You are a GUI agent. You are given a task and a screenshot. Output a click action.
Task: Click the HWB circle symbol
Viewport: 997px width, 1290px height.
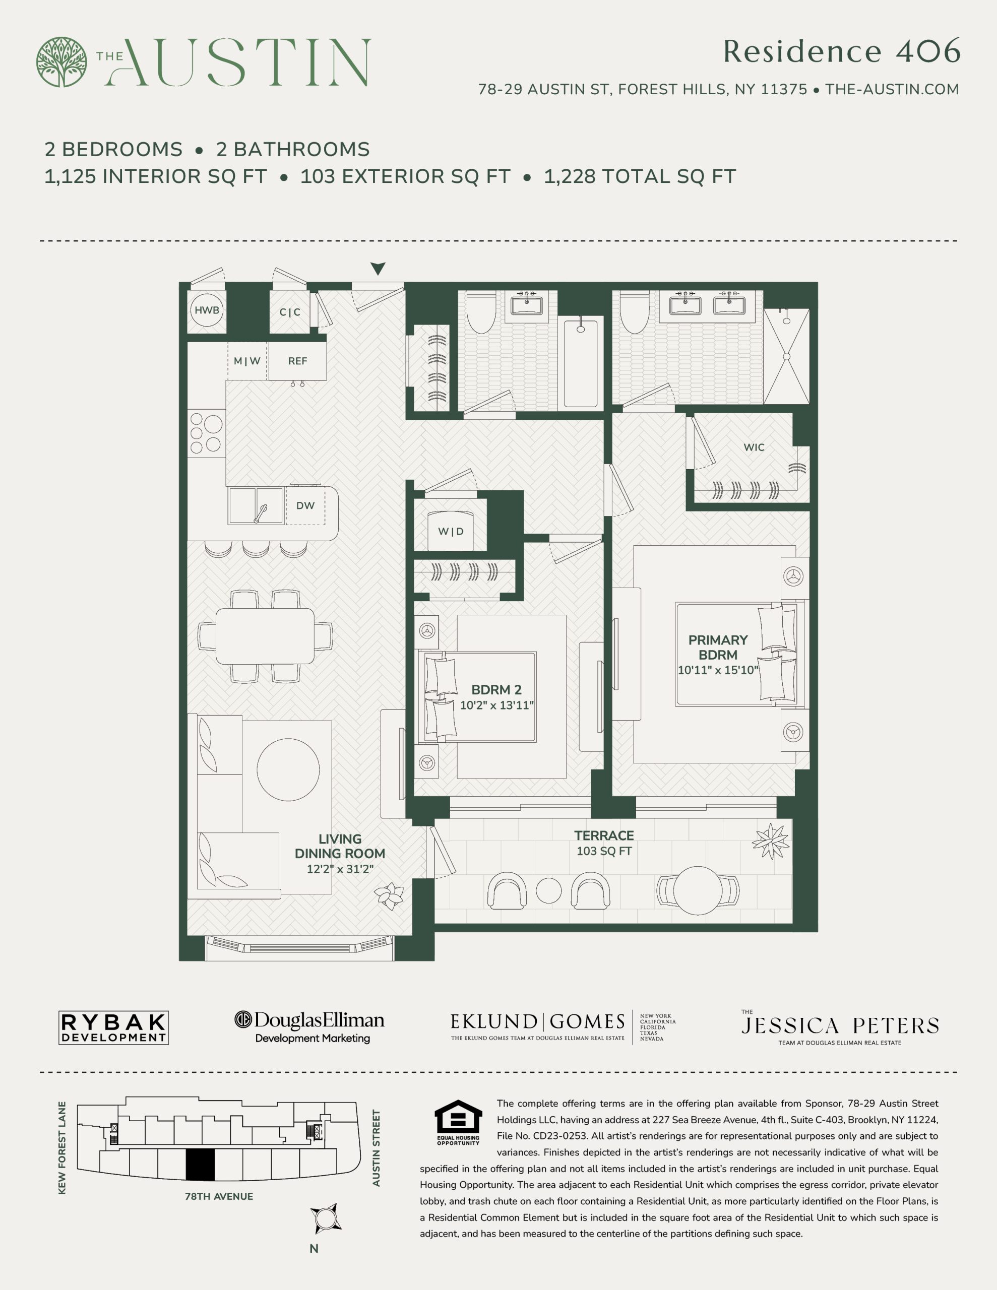[207, 310]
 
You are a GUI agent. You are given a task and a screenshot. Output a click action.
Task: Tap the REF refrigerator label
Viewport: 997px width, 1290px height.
[297, 361]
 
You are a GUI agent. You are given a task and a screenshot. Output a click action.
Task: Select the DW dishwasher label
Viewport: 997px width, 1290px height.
[305, 505]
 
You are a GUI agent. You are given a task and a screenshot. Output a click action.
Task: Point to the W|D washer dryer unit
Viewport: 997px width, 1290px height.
[451, 525]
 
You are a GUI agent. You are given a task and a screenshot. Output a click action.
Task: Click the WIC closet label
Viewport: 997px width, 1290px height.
[754, 447]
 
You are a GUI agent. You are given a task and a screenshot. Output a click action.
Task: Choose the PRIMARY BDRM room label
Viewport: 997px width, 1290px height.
[718, 648]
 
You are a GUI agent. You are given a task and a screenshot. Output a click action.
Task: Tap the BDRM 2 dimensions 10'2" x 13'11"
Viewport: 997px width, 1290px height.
[496, 705]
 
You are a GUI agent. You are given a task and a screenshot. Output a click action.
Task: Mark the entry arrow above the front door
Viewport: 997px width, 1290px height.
[378, 269]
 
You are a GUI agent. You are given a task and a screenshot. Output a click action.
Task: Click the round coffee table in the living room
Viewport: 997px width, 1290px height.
[288, 769]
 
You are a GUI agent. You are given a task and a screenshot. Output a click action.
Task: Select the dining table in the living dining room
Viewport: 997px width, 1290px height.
[265, 636]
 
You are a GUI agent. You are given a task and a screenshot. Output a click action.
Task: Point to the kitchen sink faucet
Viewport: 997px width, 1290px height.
[260, 513]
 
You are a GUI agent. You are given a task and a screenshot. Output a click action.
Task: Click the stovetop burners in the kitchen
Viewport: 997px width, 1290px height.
[206, 433]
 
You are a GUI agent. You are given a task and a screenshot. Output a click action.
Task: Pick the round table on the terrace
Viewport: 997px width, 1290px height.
[698, 890]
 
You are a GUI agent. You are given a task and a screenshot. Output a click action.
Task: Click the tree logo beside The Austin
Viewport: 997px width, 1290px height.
[61, 62]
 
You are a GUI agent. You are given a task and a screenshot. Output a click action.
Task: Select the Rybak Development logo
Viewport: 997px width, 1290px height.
[113, 1028]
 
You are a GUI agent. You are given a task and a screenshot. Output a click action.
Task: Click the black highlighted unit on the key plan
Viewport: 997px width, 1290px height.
[200, 1165]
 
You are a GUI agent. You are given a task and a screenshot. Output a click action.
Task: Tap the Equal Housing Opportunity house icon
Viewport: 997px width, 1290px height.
[458, 1116]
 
